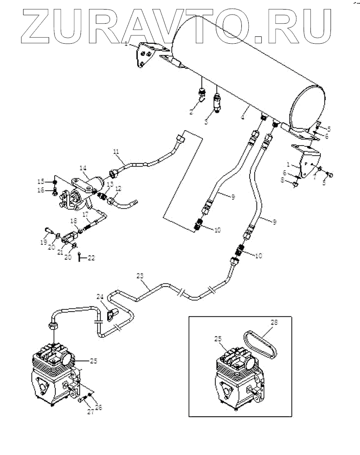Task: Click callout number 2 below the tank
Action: click(191, 112)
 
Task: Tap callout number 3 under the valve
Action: click(206, 122)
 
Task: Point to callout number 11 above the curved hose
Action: click(116, 152)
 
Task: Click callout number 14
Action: click(83, 168)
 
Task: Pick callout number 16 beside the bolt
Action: click(41, 190)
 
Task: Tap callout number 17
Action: click(85, 214)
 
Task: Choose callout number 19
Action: click(44, 242)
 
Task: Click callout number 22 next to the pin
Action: click(91, 258)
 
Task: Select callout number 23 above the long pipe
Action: click(140, 276)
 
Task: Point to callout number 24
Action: click(100, 297)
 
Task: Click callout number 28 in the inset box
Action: click(274, 322)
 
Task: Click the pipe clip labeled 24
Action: click(112, 315)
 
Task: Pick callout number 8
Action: click(283, 180)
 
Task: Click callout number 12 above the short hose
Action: click(118, 189)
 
